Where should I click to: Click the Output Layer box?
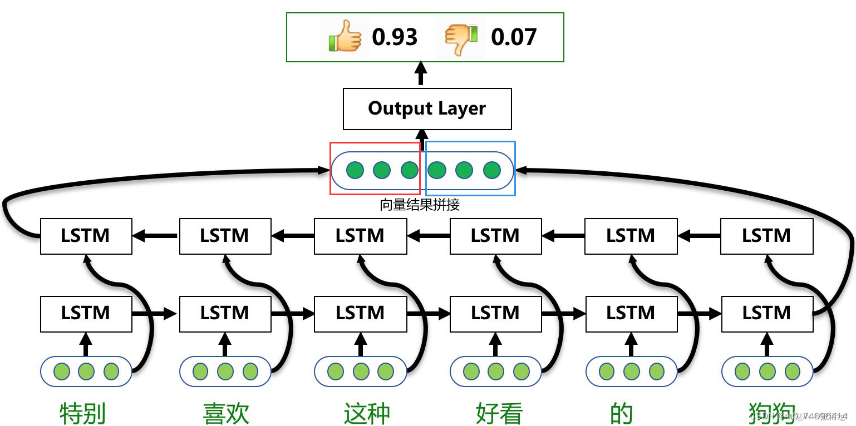[427, 108]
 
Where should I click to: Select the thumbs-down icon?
[461, 37]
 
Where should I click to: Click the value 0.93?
[395, 37]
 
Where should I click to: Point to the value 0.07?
[513, 37]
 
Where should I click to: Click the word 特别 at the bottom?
[83, 413]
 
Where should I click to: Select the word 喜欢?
[226, 413]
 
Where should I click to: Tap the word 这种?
[367, 413]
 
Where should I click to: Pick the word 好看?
[499, 413]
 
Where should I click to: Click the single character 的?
[621, 413]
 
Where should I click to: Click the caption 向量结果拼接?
[420, 205]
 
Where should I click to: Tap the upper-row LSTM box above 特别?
[86, 236]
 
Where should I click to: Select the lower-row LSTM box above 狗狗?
[766, 314]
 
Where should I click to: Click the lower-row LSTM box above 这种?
[360, 314]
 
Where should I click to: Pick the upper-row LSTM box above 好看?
[495, 236]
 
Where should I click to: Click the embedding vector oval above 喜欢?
[225, 371]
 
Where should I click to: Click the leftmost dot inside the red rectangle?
[355, 170]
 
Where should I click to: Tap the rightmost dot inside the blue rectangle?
[491, 170]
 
